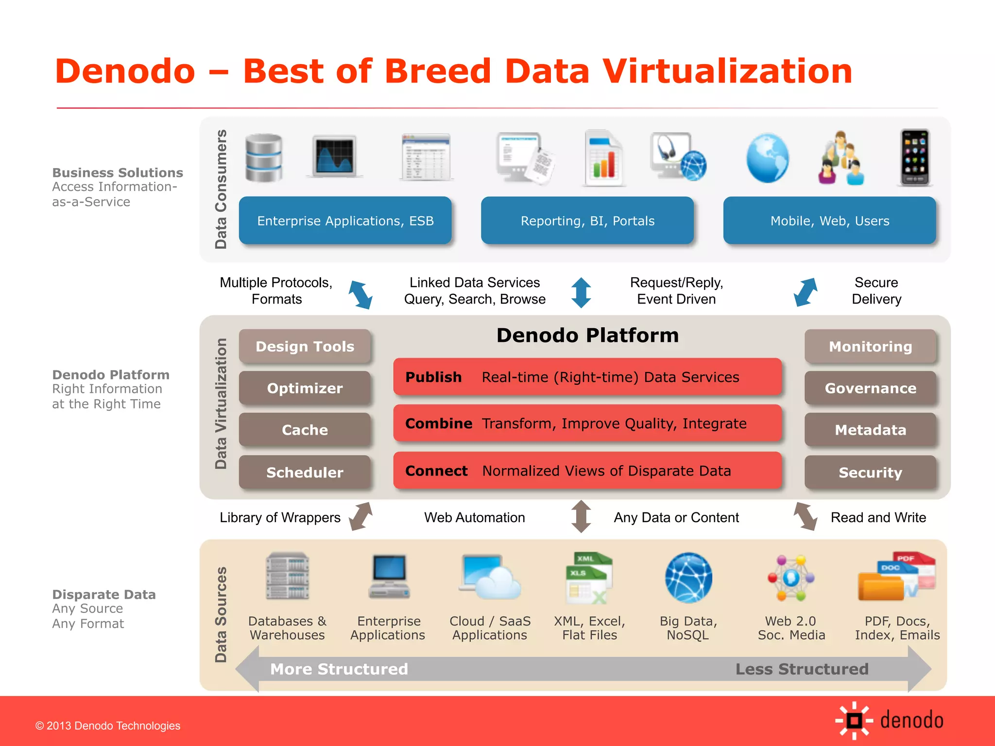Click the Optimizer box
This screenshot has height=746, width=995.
[305, 388]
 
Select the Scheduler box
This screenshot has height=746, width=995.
[305, 472]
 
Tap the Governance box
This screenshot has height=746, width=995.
[870, 388]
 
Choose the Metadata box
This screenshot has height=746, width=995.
[870, 430]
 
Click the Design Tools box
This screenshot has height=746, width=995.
[305, 346]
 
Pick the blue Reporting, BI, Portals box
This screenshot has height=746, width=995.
[587, 220]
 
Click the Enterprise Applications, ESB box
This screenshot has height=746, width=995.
[345, 220]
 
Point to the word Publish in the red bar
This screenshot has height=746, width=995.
[433, 377]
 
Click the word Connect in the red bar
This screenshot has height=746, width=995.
[436, 471]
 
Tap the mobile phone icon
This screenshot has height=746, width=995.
[915, 157]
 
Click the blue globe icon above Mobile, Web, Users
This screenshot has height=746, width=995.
[767, 158]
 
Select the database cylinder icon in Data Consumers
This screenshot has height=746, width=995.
[264, 157]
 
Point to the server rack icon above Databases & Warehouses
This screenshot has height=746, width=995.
[288, 576]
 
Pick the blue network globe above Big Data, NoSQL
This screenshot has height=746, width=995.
[688, 577]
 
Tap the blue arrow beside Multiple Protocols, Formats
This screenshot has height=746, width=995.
[360, 294]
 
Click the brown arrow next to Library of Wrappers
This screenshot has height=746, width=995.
[361, 516]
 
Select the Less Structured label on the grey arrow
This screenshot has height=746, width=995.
[802, 669]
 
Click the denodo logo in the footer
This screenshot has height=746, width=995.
[889, 720]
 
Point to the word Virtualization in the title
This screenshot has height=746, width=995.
[727, 71]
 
